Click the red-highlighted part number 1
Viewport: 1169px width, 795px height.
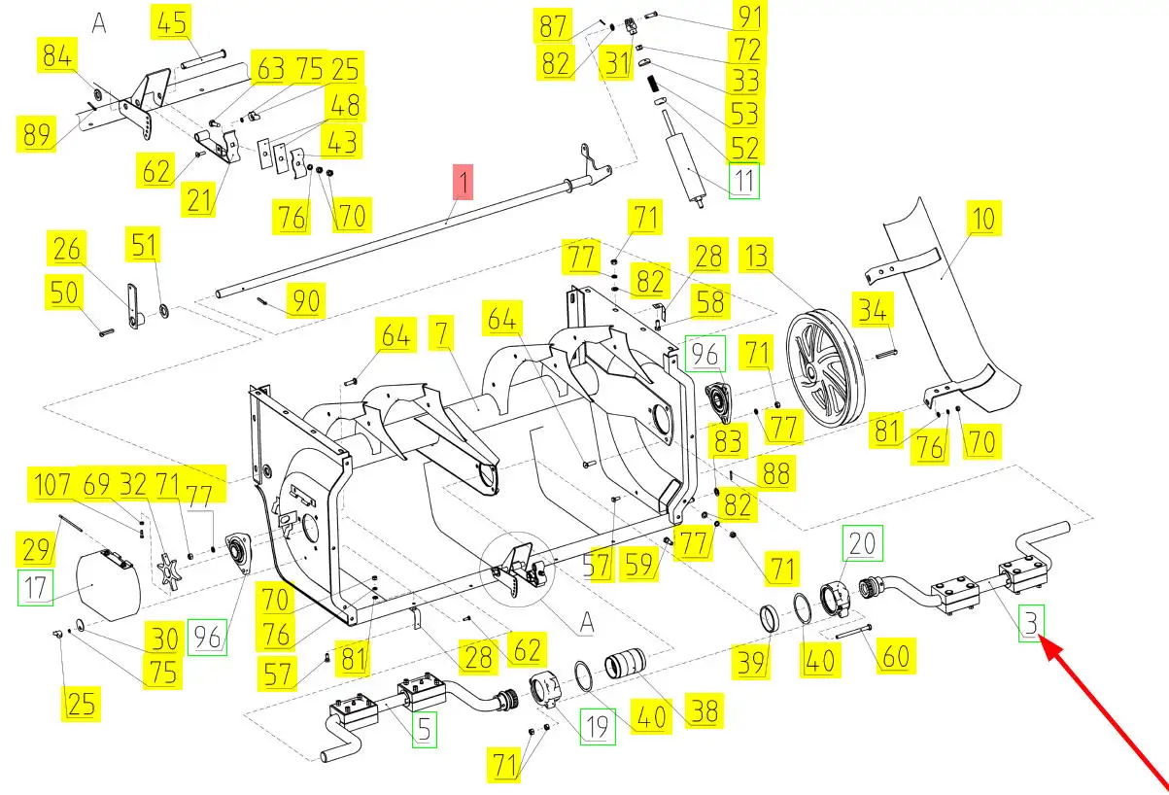coord(464,182)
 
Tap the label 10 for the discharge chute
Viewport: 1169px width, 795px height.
coord(984,219)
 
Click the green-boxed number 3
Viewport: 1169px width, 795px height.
coord(1030,623)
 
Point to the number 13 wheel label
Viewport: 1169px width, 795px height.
coord(757,258)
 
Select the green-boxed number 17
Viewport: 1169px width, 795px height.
coord(37,589)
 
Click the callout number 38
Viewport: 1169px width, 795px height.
coord(704,711)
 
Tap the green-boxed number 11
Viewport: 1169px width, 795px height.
coord(744,182)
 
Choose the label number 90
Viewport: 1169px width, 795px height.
coord(306,300)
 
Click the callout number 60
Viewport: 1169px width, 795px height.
coord(895,657)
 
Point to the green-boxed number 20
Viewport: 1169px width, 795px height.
coord(863,543)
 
